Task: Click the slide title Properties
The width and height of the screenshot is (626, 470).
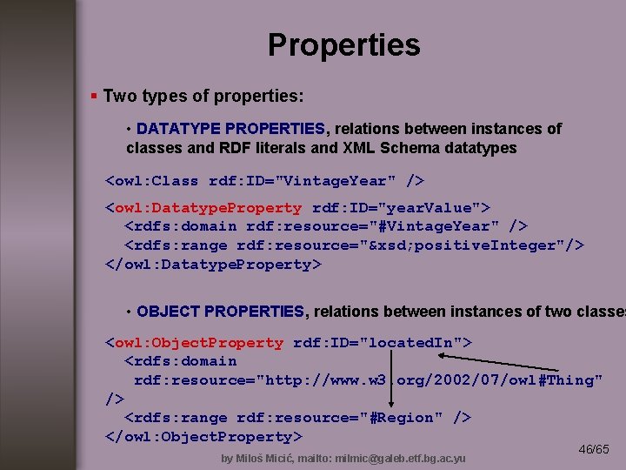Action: click(x=343, y=45)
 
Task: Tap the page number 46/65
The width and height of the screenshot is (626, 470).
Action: click(x=594, y=449)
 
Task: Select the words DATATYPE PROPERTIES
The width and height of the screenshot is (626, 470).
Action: click(x=230, y=129)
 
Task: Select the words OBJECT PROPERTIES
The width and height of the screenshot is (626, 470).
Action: click(x=221, y=312)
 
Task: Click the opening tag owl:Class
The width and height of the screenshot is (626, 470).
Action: click(x=152, y=181)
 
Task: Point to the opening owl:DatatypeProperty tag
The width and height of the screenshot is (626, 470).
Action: click(x=203, y=208)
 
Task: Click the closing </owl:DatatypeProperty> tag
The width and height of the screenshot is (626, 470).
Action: click(x=213, y=264)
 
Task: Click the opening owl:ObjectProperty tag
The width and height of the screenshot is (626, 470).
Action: click(x=194, y=343)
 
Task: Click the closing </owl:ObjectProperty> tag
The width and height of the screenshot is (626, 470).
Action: click(x=203, y=436)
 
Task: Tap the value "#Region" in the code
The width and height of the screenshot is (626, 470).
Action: click(x=403, y=418)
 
